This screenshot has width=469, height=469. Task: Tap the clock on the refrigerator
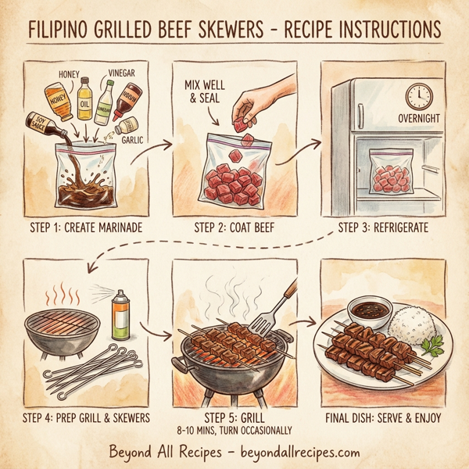420,96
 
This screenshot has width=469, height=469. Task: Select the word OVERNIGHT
419,119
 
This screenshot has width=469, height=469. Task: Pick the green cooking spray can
120,314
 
